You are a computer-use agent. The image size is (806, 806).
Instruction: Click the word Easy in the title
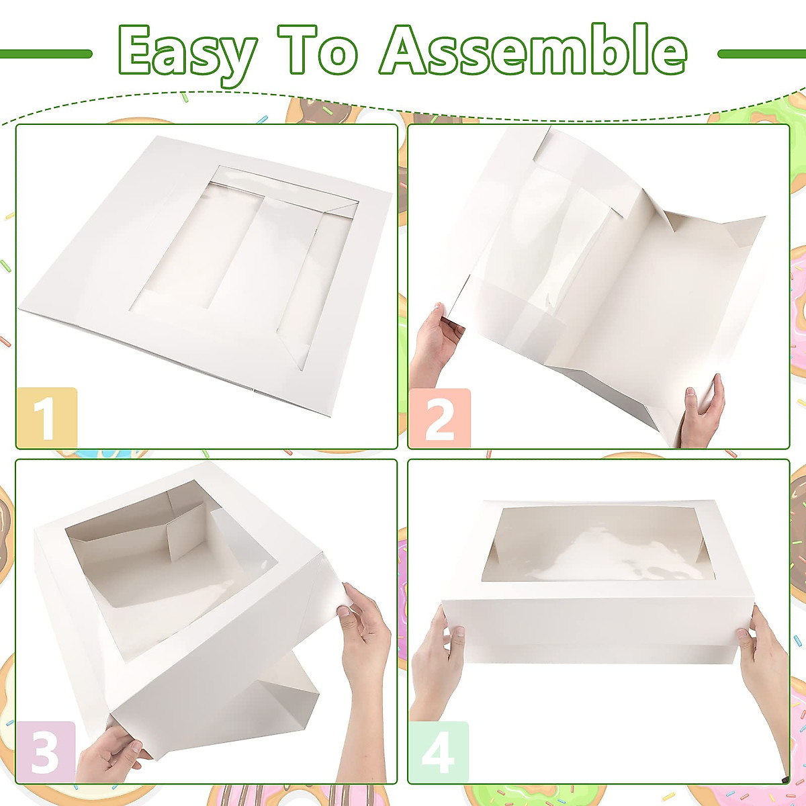[x=187, y=52]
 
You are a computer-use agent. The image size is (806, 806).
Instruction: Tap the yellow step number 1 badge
[x=46, y=418]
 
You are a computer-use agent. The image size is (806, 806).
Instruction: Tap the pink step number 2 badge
[x=440, y=418]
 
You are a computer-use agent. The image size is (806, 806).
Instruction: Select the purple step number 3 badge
[x=45, y=751]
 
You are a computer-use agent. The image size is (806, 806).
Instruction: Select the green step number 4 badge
[x=439, y=751]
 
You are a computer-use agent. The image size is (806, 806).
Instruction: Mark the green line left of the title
[x=46, y=54]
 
